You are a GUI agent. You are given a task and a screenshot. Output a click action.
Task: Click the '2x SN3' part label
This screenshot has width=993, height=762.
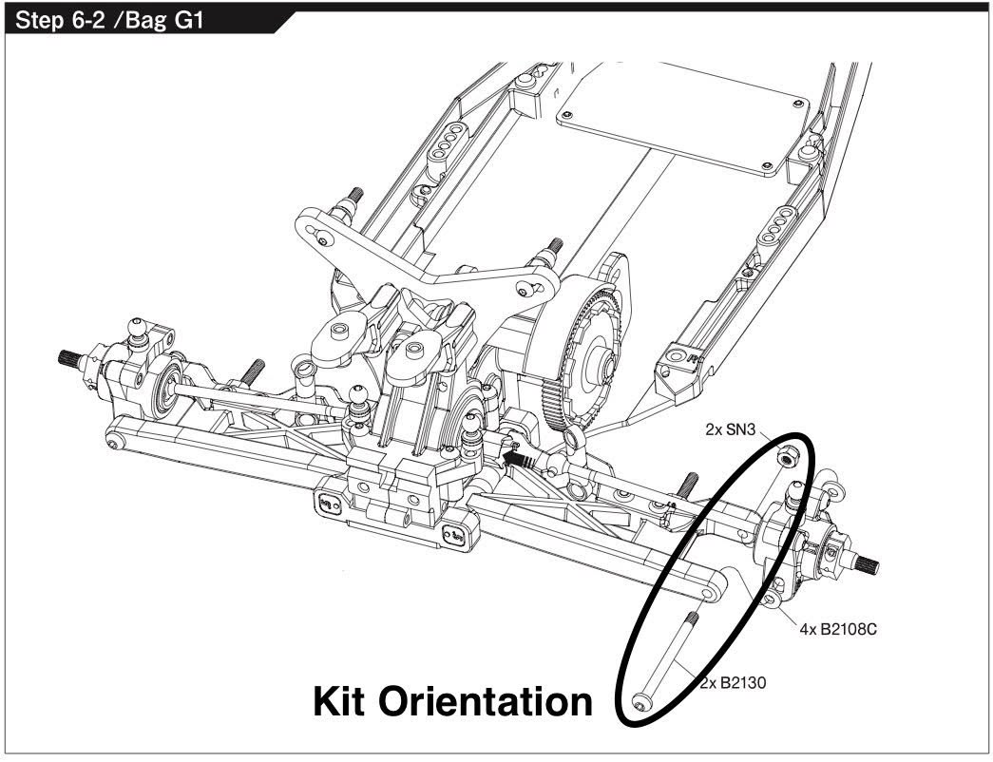(730, 429)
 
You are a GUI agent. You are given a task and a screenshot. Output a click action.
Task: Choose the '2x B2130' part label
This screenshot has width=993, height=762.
(733, 682)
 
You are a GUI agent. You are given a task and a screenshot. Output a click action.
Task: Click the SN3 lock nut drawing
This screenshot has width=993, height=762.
(787, 458)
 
